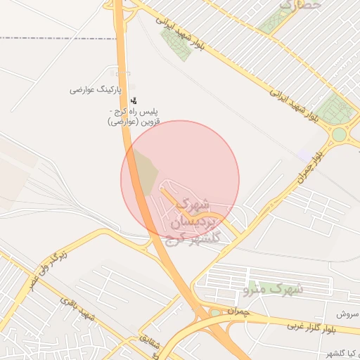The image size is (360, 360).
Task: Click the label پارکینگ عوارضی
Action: point(96,90)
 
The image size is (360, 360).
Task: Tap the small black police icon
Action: point(134,101)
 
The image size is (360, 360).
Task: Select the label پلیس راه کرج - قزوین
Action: point(134,117)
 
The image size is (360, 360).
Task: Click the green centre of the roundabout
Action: point(340,134)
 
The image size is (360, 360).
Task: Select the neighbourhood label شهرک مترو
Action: point(273,288)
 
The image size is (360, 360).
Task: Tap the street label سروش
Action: point(347,314)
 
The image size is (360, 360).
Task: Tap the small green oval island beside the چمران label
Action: point(215,313)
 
